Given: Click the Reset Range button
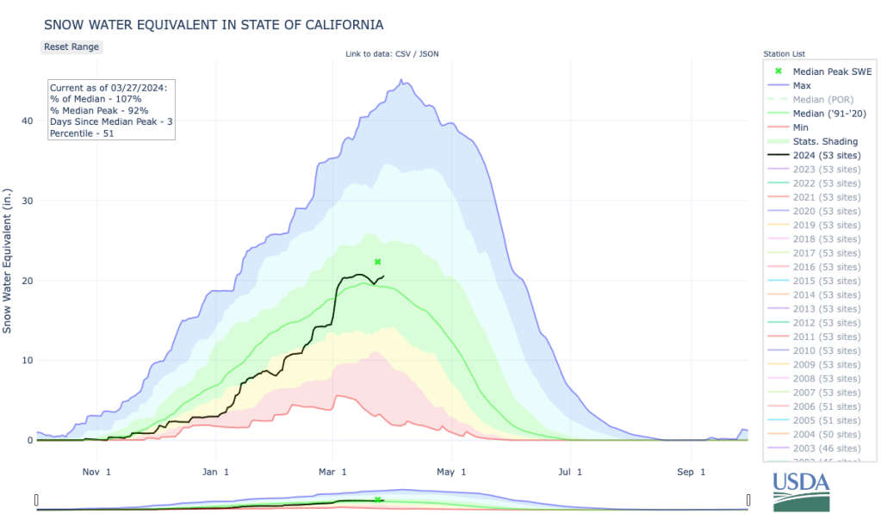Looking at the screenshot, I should pyautogui.click(x=71, y=46).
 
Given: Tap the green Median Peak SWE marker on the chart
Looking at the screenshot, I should pyautogui.click(x=377, y=262).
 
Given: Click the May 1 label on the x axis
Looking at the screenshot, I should pyautogui.click(x=451, y=472).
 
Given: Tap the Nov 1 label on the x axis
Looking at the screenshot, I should pyautogui.click(x=96, y=472).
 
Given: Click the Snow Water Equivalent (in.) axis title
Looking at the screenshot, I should pyautogui.click(x=8, y=257).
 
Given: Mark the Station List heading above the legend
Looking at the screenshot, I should pyautogui.click(x=784, y=54).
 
